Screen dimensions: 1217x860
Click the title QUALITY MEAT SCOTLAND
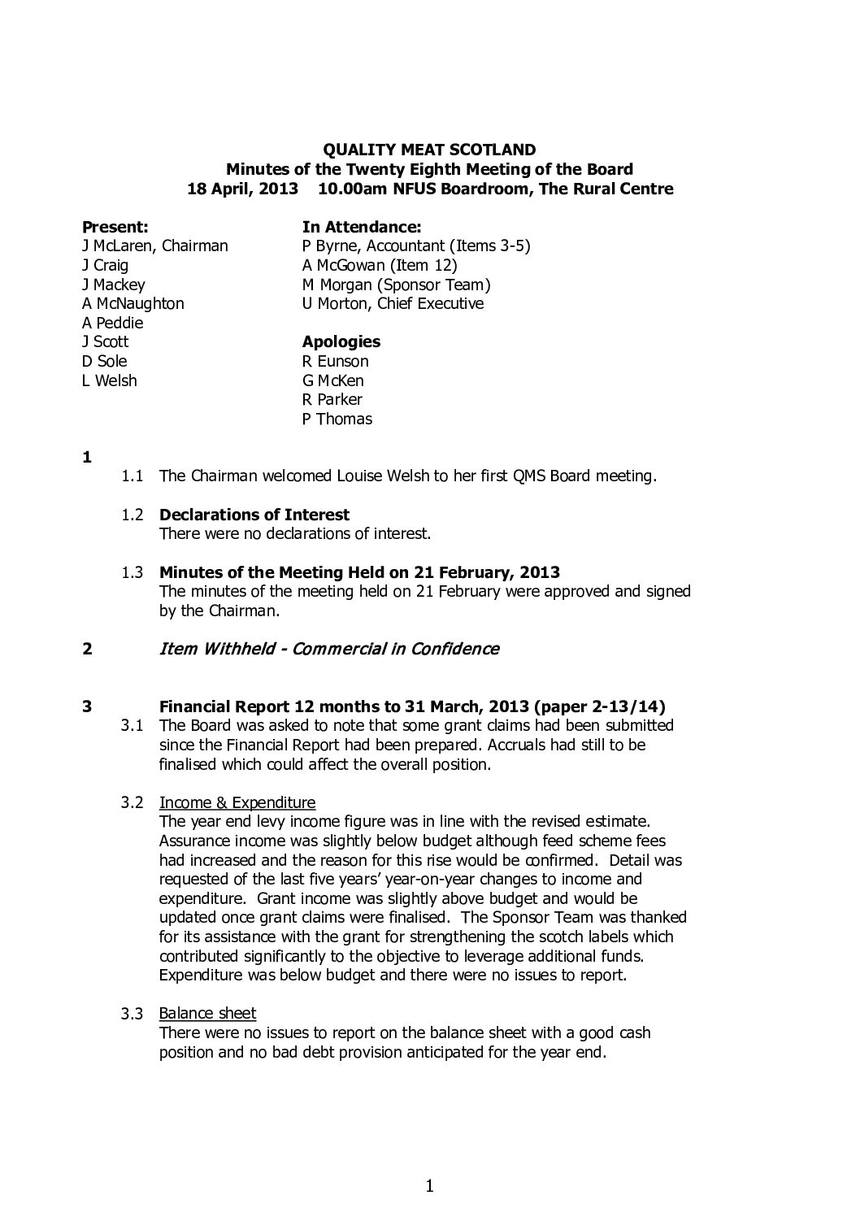[429, 150]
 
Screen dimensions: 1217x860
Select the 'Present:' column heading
[115, 227]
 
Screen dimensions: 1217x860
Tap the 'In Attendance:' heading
[361, 227]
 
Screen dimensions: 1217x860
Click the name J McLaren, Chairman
[154, 246]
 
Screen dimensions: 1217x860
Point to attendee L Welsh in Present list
[109, 380]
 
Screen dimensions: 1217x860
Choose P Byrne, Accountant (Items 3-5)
[416, 246]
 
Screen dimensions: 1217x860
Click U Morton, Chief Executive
[393, 303]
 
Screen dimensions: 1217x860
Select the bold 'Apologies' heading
[341, 341]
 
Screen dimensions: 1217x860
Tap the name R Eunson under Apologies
[335, 361]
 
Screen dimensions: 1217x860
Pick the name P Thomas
[337, 419]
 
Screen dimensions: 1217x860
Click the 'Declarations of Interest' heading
[254, 515]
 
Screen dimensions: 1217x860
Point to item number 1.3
[132, 572]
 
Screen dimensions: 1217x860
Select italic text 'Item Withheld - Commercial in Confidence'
[329, 649]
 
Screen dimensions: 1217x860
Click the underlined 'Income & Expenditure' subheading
[237, 802]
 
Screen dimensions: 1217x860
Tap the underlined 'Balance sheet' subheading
[207, 1013]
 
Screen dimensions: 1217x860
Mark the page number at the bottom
[429, 1187]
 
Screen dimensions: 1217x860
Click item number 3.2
[132, 802]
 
